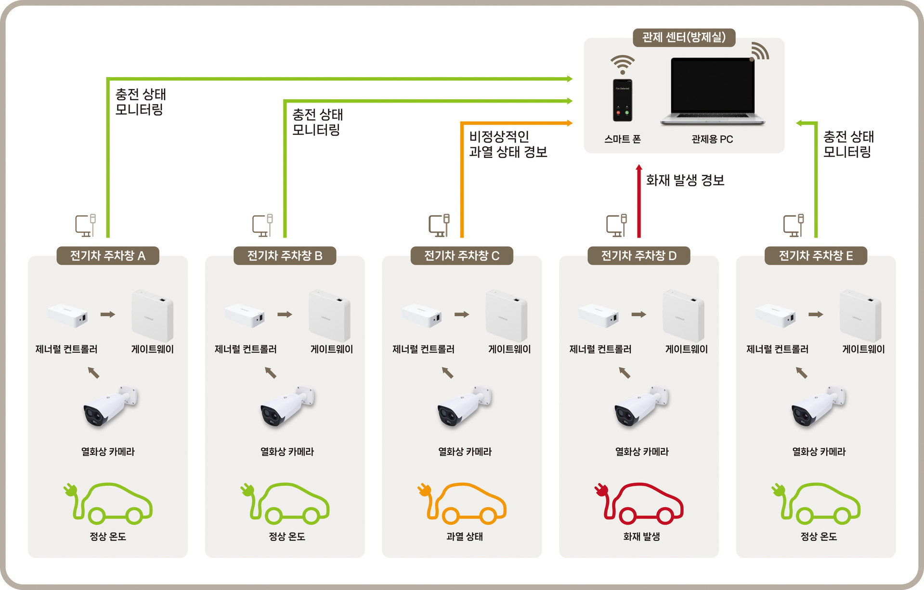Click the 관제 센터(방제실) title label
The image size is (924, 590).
tap(684, 38)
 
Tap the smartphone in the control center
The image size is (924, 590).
tap(623, 100)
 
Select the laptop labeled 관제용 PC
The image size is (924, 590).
tap(712, 92)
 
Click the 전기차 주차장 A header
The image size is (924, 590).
tap(108, 256)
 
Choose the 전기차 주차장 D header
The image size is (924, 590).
tap(639, 256)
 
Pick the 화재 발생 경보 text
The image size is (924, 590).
tap(685, 181)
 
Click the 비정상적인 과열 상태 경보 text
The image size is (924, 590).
tap(508, 144)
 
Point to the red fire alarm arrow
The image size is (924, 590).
tap(639, 202)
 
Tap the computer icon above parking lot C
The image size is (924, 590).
tap(439, 225)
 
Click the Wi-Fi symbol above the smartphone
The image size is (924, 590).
tap(623, 64)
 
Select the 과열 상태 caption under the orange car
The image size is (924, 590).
tap(465, 537)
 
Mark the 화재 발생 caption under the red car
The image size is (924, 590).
tap(641, 537)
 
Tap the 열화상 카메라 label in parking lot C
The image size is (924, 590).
tap(465, 452)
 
